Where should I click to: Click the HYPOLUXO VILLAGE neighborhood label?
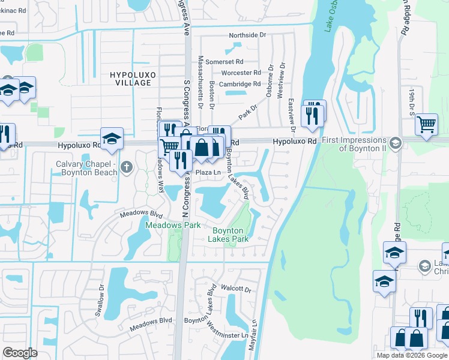tap(130, 78)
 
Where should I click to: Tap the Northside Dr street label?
tap(247, 35)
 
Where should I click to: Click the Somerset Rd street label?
tap(224, 61)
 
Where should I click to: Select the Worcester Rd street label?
tap(241, 73)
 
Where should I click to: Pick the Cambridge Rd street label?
tap(240, 84)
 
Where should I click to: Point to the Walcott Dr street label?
tap(235, 289)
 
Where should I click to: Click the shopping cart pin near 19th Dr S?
tap(426, 125)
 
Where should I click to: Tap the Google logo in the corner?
tap(20, 353)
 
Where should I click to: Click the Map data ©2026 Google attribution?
tap(412, 355)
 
